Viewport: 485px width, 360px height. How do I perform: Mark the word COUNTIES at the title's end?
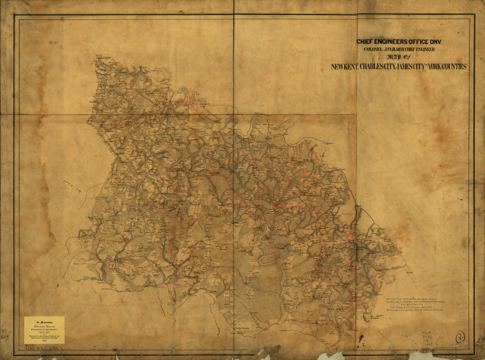[457, 67]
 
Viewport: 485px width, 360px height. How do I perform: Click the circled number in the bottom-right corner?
[459, 338]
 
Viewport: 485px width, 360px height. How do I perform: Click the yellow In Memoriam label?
[44, 330]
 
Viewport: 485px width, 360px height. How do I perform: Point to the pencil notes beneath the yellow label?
[42, 348]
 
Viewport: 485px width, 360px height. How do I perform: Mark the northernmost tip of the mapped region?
[98, 57]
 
